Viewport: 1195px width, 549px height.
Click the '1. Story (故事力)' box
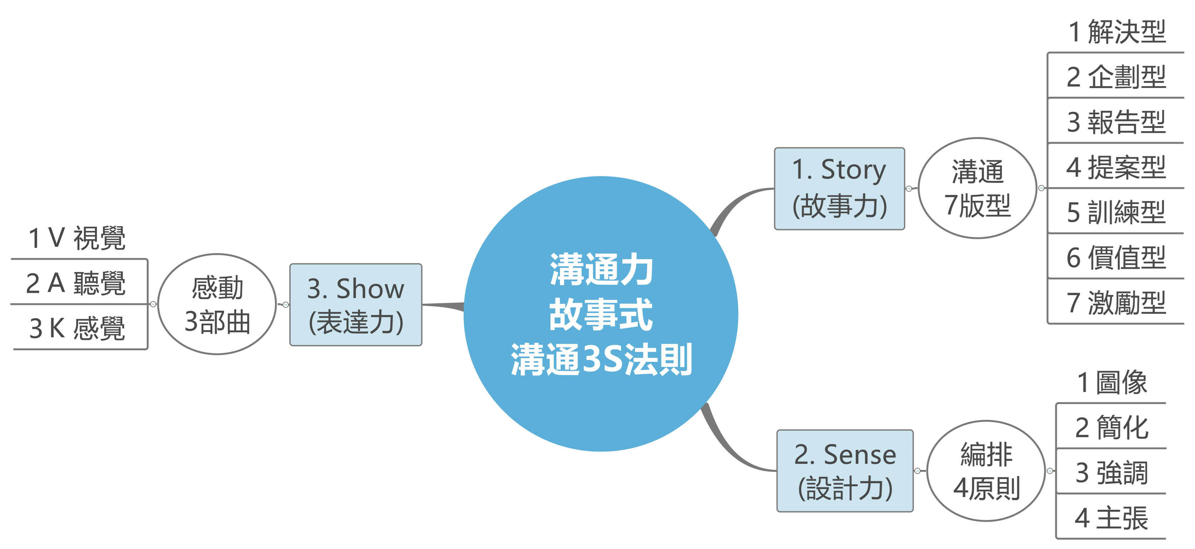[839, 188]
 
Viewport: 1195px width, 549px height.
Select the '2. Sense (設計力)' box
[845, 471]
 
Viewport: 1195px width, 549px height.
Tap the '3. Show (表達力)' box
[356, 305]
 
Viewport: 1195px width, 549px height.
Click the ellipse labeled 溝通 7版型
[978, 188]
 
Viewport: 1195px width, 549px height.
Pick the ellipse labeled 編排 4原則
[986, 471]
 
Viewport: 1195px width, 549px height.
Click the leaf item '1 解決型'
[1117, 31]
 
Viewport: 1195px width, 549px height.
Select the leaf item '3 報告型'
[1117, 122]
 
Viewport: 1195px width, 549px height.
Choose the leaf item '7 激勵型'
[1117, 302]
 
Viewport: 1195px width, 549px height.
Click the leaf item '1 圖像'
[1112, 382]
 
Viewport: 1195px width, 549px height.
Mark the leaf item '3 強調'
[1112, 472]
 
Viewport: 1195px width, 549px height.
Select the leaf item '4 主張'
[1112, 518]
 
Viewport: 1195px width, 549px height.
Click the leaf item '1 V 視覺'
[77, 238]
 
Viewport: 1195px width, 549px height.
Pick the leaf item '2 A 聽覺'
[76, 283]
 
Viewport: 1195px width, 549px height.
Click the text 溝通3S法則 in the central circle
[601, 360]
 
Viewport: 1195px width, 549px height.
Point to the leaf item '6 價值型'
[1117, 257]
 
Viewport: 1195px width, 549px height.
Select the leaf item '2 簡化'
[1112, 427]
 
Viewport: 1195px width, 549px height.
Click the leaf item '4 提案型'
[1117, 167]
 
